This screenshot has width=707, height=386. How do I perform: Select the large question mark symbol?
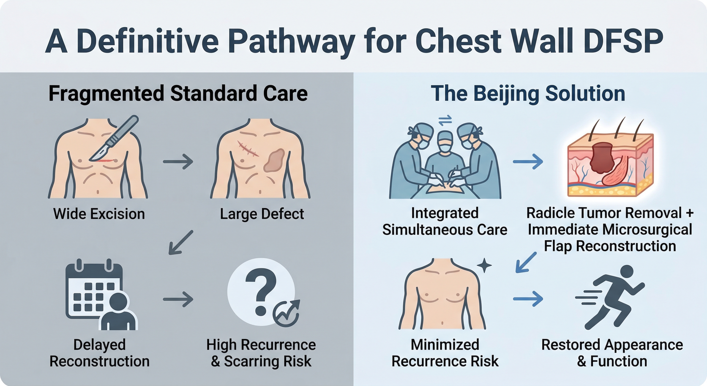(x=260, y=291)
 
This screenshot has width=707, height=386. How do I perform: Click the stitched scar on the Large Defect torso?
(x=248, y=149)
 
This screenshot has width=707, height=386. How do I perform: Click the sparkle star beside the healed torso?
(x=484, y=265)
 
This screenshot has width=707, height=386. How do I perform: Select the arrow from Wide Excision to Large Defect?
(x=178, y=162)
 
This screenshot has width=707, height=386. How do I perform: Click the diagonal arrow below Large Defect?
(x=181, y=243)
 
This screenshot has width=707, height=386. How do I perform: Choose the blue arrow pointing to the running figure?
(x=528, y=299)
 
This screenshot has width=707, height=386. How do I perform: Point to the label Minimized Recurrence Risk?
(x=445, y=353)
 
